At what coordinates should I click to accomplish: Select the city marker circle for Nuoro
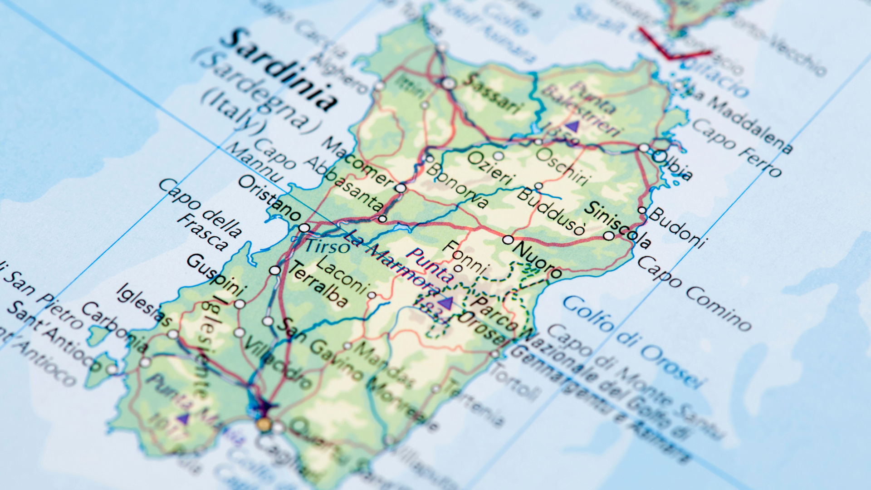click(x=508, y=240)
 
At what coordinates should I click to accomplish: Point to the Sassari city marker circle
click(x=448, y=83)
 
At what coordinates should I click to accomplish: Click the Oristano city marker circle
click(x=304, y=228)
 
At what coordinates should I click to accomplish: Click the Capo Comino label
click(x=695, y=293)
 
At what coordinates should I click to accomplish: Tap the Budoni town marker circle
click(x=642, y=210)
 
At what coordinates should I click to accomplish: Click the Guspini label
click(x=215, y=274)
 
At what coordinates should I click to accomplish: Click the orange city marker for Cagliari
click(x=264, y=425)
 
